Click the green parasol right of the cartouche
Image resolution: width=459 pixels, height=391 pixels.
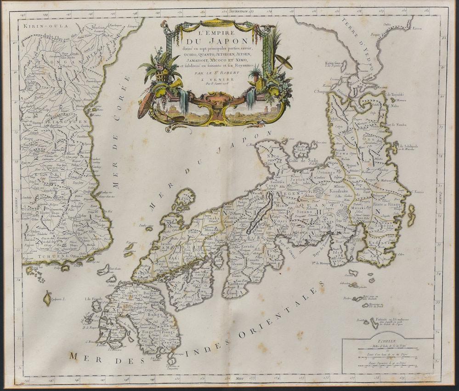pos(283,61)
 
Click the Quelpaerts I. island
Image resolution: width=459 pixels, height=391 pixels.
pos(47,298)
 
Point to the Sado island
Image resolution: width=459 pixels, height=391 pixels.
pos(302,150)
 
